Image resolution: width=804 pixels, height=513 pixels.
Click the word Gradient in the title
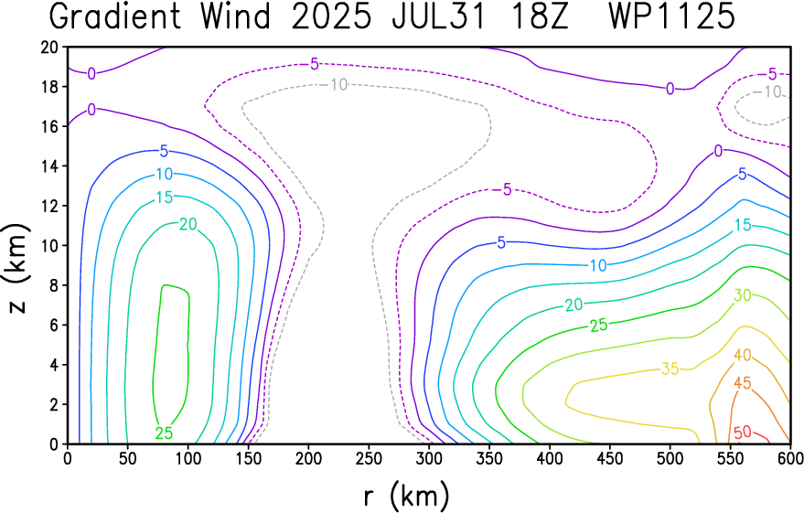115,16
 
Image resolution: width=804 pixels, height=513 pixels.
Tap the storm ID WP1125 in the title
672,16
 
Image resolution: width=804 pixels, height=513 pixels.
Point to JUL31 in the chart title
438,16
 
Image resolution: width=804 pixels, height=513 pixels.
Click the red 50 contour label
743,433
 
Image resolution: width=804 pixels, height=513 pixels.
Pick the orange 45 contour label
743,383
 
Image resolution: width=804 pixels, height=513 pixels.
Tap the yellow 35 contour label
670,369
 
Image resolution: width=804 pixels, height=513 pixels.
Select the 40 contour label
743,355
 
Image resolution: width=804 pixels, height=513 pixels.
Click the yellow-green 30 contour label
743,295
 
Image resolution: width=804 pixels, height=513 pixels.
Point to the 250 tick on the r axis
369,458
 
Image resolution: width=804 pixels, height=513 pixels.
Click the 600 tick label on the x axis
789,458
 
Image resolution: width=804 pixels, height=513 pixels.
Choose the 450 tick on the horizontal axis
609,458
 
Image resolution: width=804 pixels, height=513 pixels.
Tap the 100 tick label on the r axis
188,458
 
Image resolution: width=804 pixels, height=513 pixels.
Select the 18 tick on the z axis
50,87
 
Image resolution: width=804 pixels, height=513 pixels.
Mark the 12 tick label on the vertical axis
50,206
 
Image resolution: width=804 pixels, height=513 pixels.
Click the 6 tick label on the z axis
55,325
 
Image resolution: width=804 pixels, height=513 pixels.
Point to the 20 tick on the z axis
50,48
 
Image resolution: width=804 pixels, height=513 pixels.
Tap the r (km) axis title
407,496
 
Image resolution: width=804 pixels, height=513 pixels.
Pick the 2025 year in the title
331,16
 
